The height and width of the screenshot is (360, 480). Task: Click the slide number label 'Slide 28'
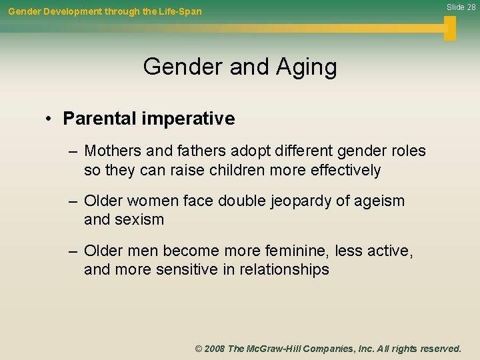click(x=461, y=7)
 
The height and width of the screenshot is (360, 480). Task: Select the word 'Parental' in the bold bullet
click(x=99, y=119)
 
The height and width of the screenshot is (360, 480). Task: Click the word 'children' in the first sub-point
click(x=233, y=170)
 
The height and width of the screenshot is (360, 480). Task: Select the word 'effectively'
click(x=345, y=170)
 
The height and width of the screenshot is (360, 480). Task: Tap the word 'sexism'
click(x=141, y=219)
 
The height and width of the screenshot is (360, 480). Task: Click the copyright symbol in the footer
click(x=199, y=349)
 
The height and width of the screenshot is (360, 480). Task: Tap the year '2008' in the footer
click(x=215, y=349)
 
